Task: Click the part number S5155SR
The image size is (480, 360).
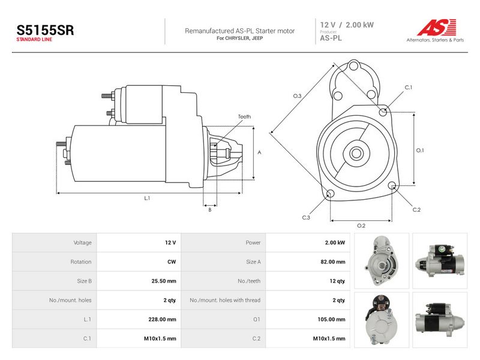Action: [x=45, y=30]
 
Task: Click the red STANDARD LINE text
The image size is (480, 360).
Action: [x=34, y=40]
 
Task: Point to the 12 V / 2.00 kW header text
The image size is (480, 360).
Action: [x=347, y=25]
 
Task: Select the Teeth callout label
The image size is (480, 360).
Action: [x=244, y=116]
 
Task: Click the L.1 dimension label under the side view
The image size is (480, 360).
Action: [x=147, y=198]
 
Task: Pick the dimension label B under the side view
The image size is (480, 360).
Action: [x=210, y=209]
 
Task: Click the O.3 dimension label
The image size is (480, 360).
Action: [x=297, y=96]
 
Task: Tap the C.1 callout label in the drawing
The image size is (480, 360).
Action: [x=409, y=87]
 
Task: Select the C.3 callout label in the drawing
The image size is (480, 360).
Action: [x=306, y=217]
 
